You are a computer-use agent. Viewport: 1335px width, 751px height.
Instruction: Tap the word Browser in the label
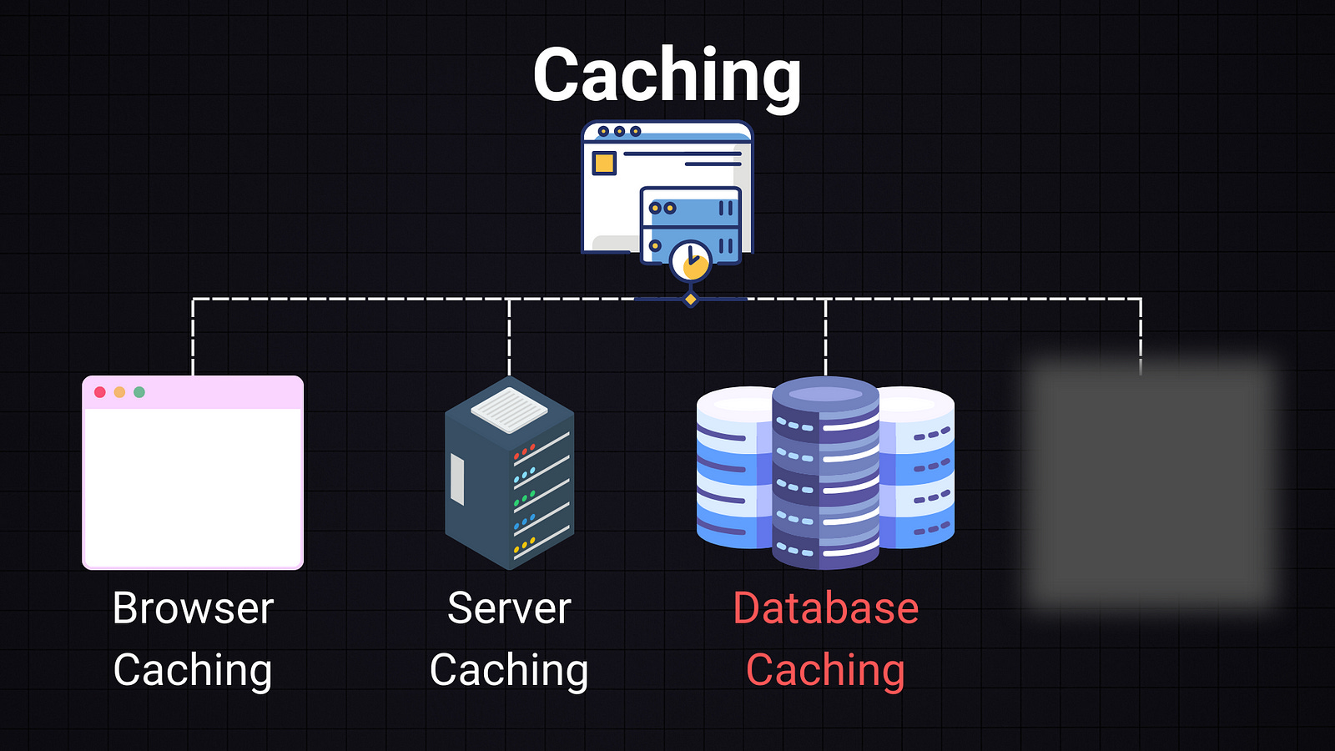(193, 608)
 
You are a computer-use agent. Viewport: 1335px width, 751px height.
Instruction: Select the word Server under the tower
(509, 608)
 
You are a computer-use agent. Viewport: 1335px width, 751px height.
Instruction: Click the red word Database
(825, 608)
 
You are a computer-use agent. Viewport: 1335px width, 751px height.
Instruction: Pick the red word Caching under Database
(825, 670)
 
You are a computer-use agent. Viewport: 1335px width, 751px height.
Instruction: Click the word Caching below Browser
(193, 670)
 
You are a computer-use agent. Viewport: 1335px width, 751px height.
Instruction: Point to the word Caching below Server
(509, 670)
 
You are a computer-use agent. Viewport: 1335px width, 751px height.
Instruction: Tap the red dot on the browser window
(100, 392)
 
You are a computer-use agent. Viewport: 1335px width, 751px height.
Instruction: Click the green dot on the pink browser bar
(139, 392)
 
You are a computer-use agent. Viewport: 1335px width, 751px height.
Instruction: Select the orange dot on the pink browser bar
(119, 392)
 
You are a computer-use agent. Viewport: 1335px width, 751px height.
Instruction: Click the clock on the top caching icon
(691, 261)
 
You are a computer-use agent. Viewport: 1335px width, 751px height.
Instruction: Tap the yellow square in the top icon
(604, 163)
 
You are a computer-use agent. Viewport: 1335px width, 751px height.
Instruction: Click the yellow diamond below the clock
(691, 299)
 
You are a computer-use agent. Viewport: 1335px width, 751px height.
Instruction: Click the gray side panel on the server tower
(457, 480)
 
